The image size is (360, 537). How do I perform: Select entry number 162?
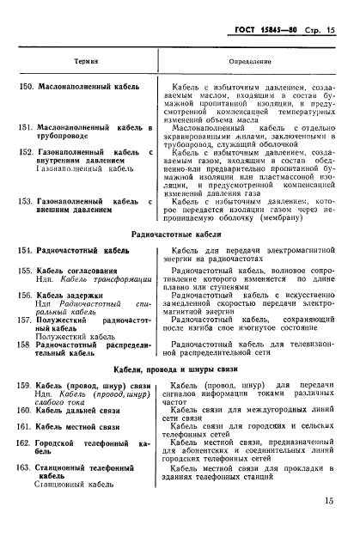pyautogui.click(x=28, y=442)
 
